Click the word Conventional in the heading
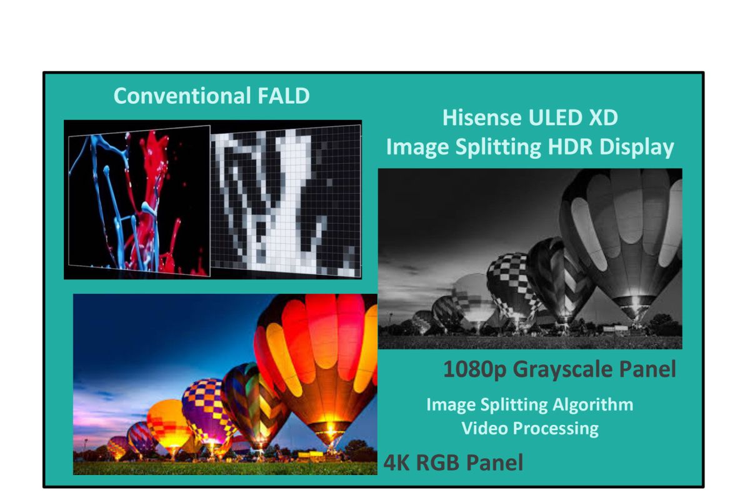pyautogui.click(x=182, y=96)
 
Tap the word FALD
pyautogui.click(x=284, y=96)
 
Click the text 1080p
pyautogui.click(x=474, y=369)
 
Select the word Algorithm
pyautogui.click(x=592, y=405)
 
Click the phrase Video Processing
pyautogui.click(x=530, y=428)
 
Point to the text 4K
pyautogui.click(x=396, y=463)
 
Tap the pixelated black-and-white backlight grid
pyautogui.click(x=286, y=201)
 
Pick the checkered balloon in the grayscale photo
pyautogui.click(x=513, y=284)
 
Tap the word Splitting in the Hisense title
pyautogui.click(x=498, y=147)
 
